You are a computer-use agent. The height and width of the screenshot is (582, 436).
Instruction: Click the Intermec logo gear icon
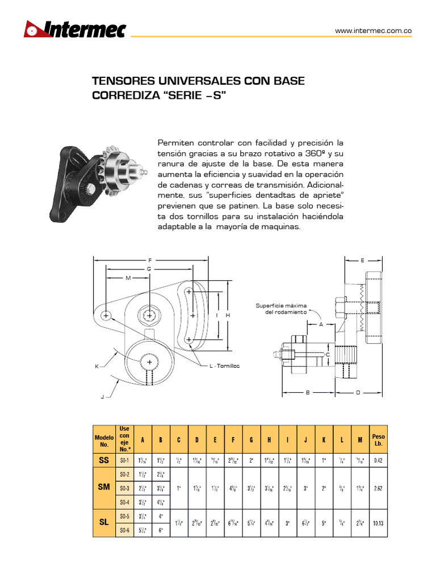(32, 29)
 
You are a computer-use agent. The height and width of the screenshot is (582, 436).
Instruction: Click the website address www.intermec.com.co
(372, 31)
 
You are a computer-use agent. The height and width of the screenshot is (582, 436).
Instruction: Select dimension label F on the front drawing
(150, 260)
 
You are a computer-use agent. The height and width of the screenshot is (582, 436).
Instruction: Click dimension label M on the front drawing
(128, 278)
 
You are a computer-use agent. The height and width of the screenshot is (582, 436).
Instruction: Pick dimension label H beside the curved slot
(227, 315)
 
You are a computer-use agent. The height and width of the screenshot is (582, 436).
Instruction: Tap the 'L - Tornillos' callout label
(224, 366)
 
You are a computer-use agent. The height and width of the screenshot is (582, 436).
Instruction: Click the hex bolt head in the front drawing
(149, 315)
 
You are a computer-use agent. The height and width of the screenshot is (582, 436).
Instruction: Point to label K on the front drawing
(97, 367)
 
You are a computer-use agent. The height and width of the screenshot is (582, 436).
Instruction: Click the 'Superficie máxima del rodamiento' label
(281, 309)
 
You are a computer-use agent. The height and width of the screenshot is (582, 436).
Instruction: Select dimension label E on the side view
(362, 260)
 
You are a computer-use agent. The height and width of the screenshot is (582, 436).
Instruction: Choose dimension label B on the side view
(307, 392)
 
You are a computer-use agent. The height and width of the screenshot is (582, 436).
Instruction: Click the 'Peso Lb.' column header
(378, 440)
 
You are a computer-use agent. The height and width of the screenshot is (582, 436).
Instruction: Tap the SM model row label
(103, 488)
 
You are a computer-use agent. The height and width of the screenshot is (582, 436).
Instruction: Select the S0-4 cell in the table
(125, 502)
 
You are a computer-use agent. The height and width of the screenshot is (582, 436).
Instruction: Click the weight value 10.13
(378, 523)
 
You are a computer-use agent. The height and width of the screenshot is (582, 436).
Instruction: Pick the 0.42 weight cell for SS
(378, 461)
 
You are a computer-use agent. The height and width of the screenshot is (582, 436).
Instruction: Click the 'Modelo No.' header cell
(103, 440)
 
